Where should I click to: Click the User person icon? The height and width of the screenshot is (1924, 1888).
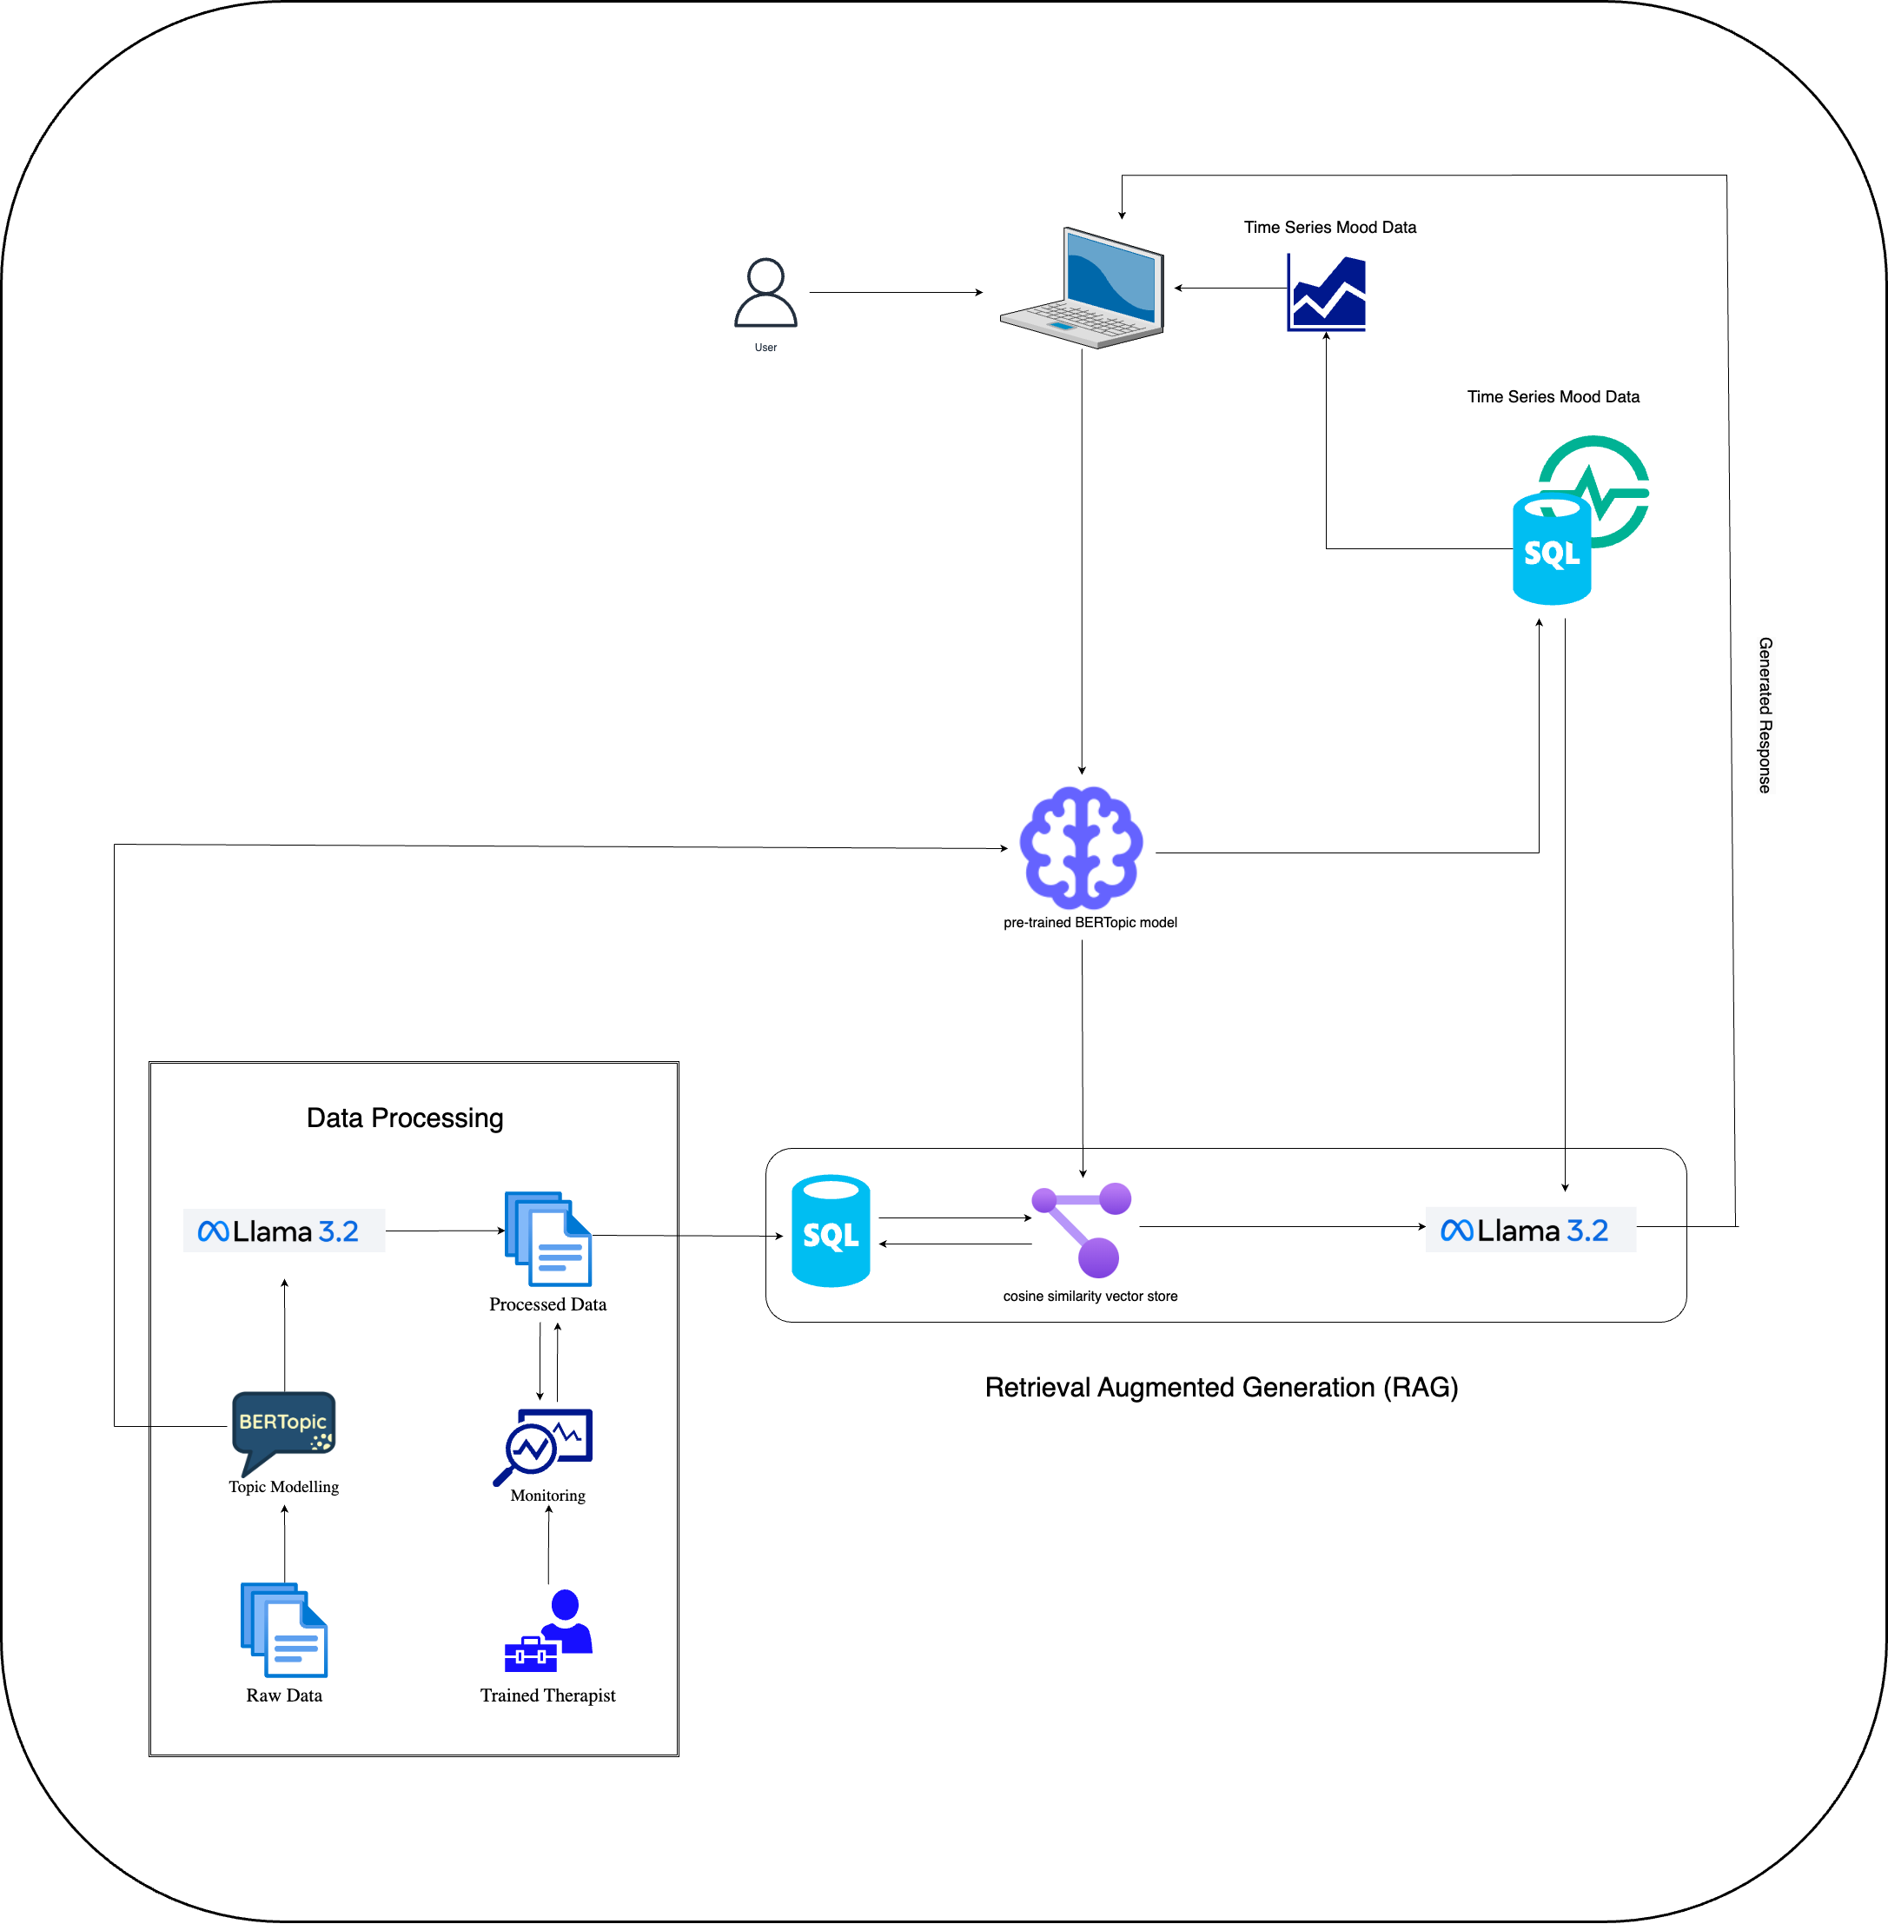tap(765, 294)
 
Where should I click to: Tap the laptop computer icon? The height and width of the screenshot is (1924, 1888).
tap(1082, 289)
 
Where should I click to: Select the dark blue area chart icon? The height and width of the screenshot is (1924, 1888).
tap(1327, 293)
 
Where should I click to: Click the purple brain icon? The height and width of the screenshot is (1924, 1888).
tap(1082, 848)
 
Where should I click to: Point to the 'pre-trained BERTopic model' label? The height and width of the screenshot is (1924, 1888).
tap(1090, 922)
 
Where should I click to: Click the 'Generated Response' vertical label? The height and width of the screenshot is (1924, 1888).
tap(1765, 715)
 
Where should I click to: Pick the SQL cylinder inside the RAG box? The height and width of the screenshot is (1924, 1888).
tap(831, 1231)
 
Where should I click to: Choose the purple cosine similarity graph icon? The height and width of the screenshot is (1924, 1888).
tap(1083, 1230)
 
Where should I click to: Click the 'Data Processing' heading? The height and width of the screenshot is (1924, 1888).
tap(405, 1118)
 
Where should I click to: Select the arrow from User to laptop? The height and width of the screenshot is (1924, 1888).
tap(896, 293)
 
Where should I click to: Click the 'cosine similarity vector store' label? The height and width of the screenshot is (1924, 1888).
tap(1090, 1297)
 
